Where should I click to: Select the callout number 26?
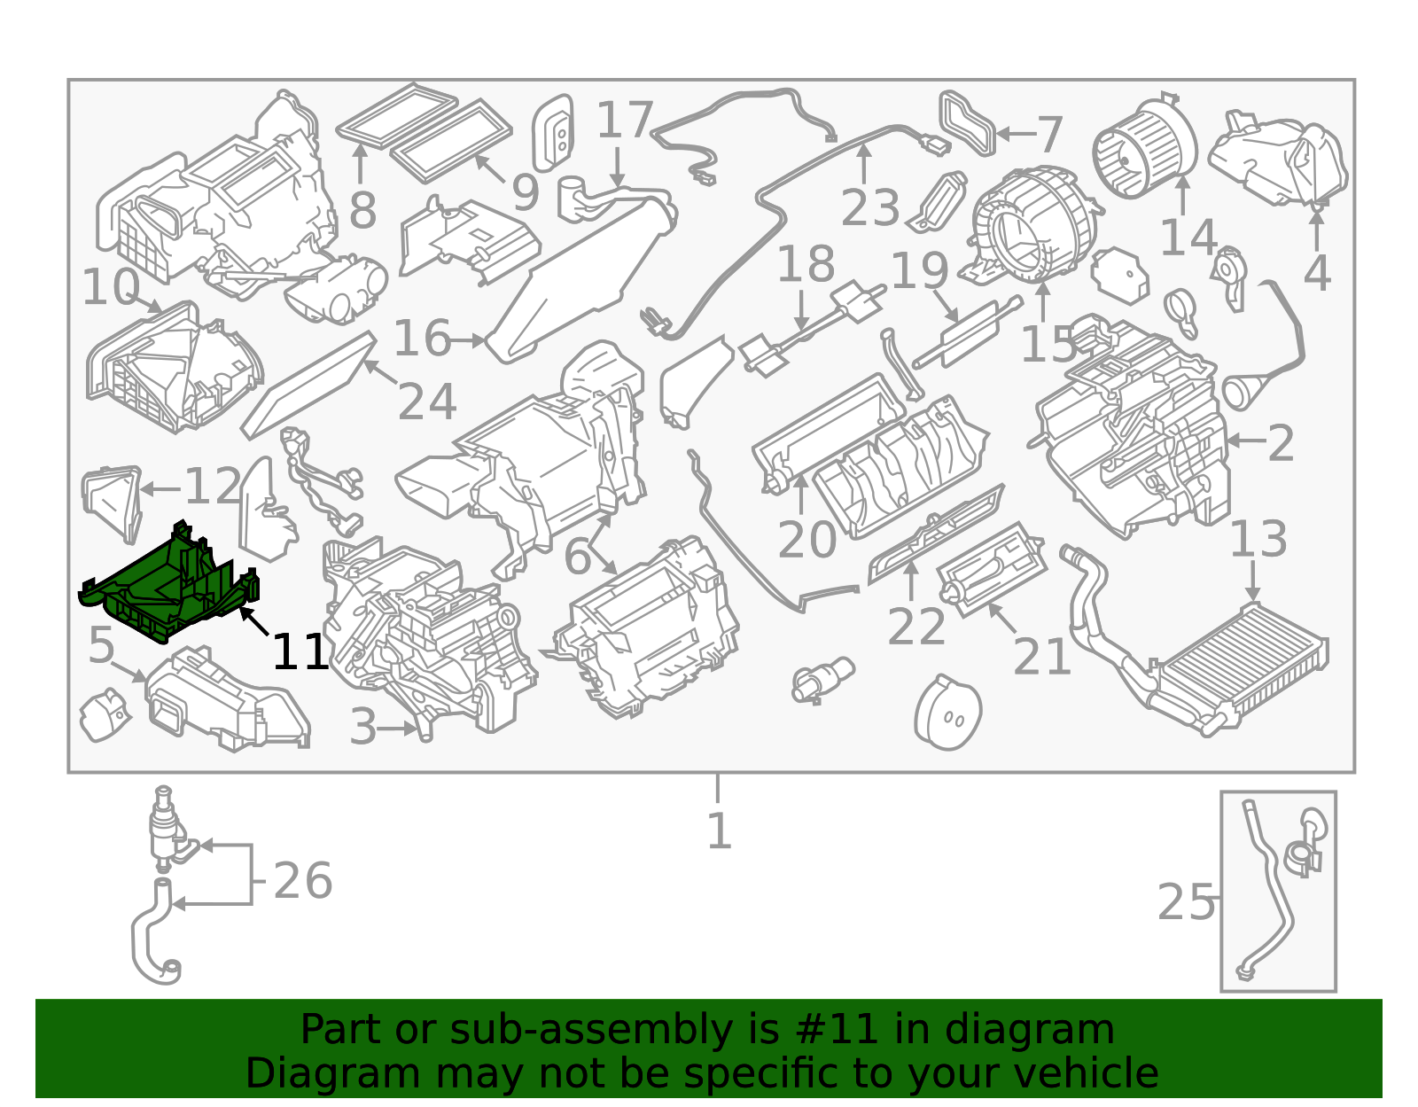pos(303,880)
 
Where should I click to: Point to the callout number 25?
pos(1184,902)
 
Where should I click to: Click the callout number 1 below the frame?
pos(719,831)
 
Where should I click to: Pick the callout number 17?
pos(625,120)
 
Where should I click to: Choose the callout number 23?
pos(870,207)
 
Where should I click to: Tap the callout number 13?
pos(1258,539)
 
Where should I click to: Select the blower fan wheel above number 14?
pos(1145,149)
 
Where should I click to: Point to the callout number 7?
pos(1049,135)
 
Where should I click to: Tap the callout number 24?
pos(427,401)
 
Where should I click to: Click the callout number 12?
pos(213,486)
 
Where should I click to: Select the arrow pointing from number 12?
pos(160,488)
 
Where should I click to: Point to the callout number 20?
pos(807,539)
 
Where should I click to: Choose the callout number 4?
pos(1317,273)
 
